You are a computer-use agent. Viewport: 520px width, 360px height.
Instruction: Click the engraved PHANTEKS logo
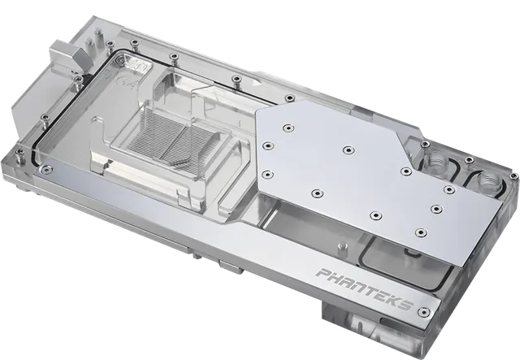point(365,288)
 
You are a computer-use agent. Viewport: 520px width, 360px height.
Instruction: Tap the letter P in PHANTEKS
point(323,273)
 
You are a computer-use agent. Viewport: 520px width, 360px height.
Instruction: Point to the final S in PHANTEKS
point(406,303)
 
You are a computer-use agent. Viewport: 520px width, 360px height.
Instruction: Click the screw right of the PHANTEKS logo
point(424,312)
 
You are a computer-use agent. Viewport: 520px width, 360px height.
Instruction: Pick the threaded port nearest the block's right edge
point(487,181)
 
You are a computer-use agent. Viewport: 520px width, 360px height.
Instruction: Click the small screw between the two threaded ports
point(469,160)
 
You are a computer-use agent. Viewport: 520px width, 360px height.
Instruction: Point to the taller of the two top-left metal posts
point(97,37)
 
